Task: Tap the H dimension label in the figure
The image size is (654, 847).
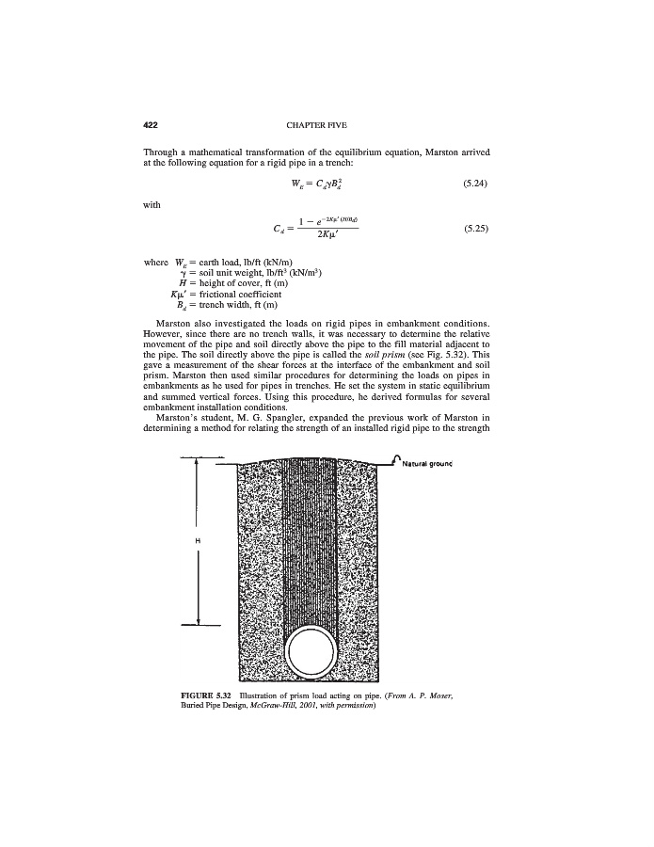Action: coord(198,541)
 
